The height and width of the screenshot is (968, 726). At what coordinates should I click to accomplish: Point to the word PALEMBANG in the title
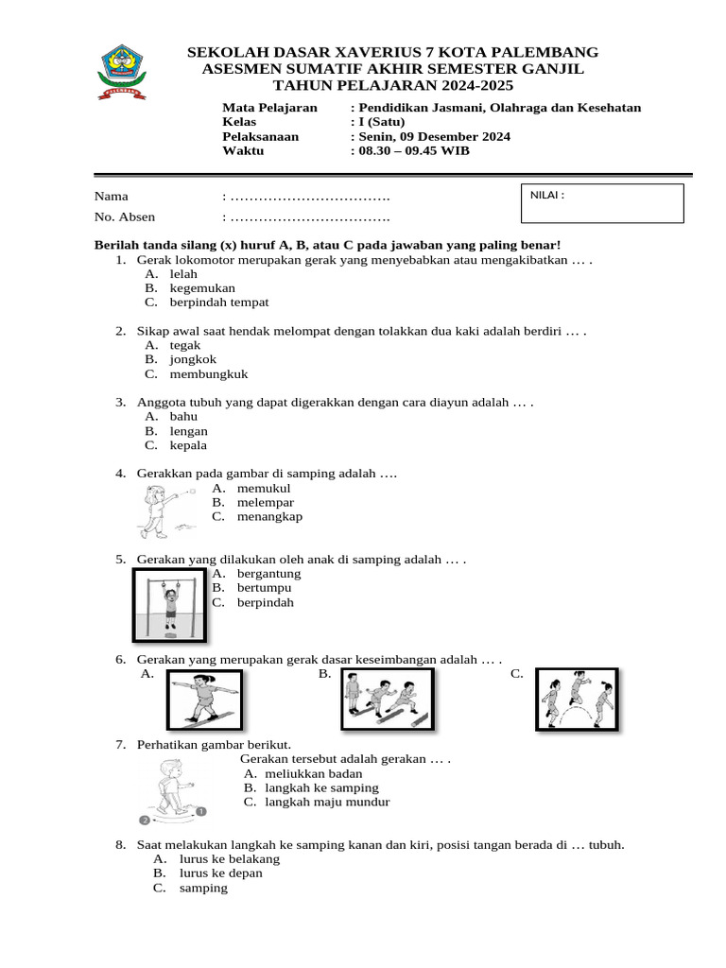pyautogui.click(x=548, y=52)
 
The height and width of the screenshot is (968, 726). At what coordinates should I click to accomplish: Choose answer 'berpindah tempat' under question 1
pyautogui.click(x=219, y=302)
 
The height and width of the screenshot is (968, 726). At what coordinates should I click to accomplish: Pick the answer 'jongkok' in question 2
pyautogui.click(x=193, y=359)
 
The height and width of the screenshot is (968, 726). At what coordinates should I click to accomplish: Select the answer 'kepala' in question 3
pyautogui.click(x=188, y=445)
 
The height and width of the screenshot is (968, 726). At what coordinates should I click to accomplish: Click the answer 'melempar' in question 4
pyautogui.click(x=266, y=502)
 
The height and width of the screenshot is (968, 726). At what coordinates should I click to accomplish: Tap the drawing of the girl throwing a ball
pyautogui.click(x=166, y=510)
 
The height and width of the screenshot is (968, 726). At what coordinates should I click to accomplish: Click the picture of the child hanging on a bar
pyautogui.click(x=170, y=604)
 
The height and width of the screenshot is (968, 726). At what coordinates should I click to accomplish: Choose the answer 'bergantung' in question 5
pyautogui.click(x=268, y=573)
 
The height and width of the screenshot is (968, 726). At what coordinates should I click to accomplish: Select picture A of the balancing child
pyautogui.click(x=205, y=700)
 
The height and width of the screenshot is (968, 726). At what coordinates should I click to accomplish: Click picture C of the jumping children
pyautogui.click(x=577, y=700)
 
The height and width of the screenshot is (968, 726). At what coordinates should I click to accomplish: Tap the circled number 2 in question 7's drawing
pyautogui.click(x=144, y=820)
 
